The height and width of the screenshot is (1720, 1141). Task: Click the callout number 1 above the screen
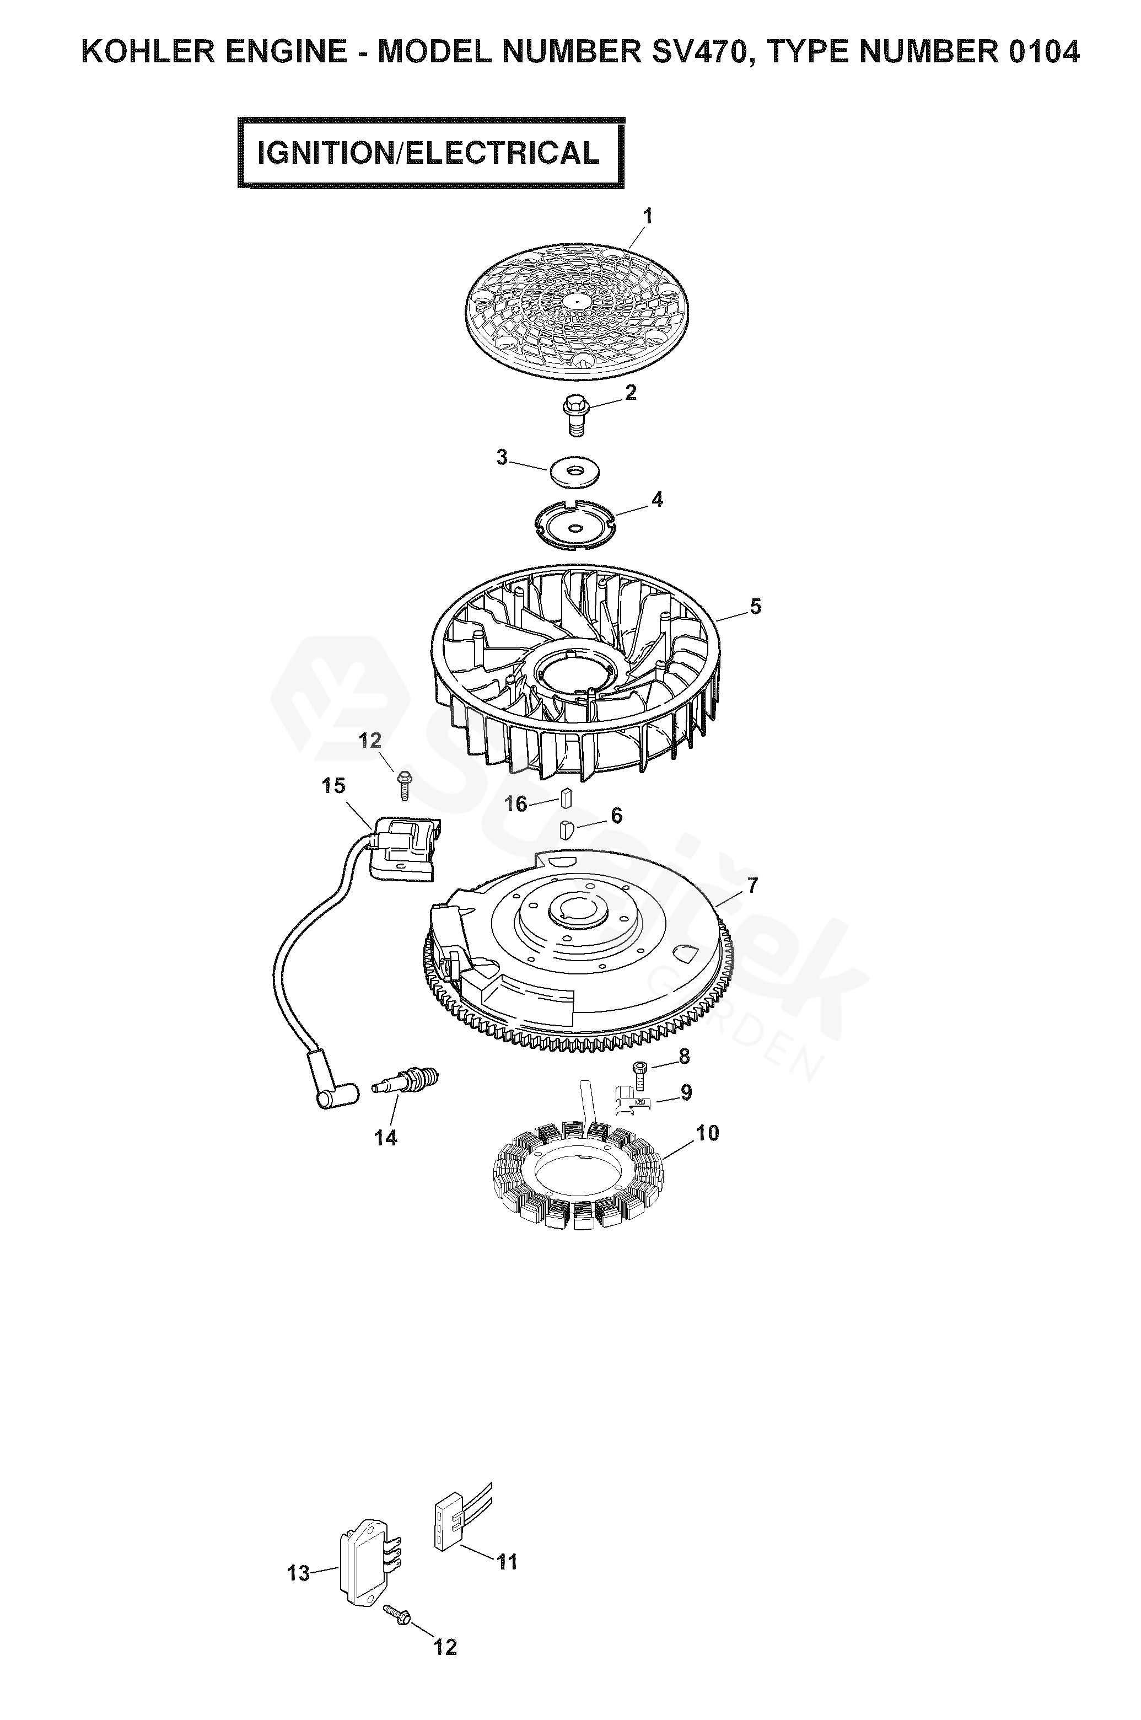coord(648,216)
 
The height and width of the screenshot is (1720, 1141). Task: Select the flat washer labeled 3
coord(575,473)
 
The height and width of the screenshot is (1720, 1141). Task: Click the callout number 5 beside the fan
coord(755,607)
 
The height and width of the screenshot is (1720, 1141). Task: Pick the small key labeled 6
coord(567,828)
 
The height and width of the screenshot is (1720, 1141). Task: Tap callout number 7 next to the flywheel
coord(752,886)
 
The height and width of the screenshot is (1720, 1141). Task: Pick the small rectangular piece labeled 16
coord(567,799)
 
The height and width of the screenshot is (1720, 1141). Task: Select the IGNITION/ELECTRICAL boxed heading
coord(431,153)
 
